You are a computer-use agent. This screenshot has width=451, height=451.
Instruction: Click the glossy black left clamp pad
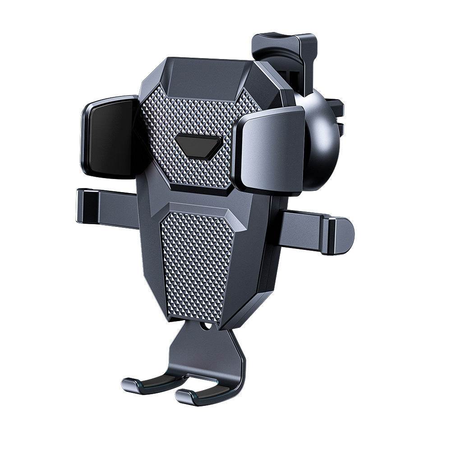click(x=108, y=138)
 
